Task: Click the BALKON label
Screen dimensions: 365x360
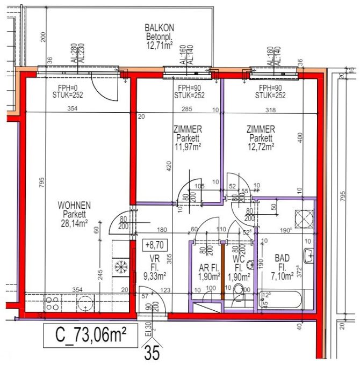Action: coord(160,28)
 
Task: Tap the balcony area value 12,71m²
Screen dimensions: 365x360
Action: coord(160,45)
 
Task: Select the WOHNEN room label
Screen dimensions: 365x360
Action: coord(75,205)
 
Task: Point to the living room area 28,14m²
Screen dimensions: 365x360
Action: coord(75,223)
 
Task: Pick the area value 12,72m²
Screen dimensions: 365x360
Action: coord(260,145)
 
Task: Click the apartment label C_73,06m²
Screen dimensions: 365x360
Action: coord(89,337)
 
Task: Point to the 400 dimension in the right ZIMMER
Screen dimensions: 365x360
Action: coord(300,138)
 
